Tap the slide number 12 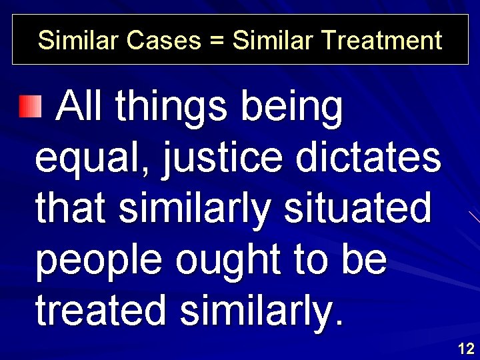point(466,348)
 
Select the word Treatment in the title point(381,41)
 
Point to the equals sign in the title point(216,41)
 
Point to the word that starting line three point(71,209)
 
